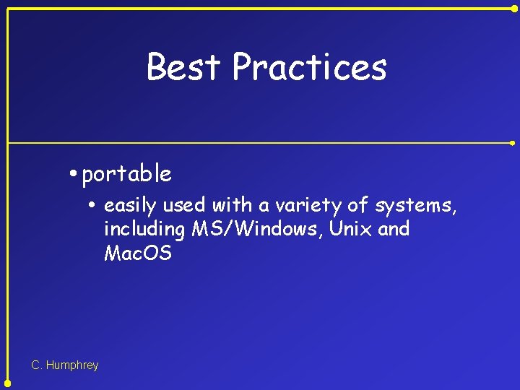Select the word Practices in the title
pos(309,67)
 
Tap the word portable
pos(126,174)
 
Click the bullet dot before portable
pos(74,174)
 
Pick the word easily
pos(131,206)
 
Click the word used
pos(184,206)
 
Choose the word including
pos(144,230)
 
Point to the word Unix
pos(348,230)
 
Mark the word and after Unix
pos(394,230)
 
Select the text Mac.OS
pos(138,253)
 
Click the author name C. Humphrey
pos(65,365)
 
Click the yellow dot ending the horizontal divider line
pos(513,143)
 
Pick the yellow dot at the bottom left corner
pos(7,383)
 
